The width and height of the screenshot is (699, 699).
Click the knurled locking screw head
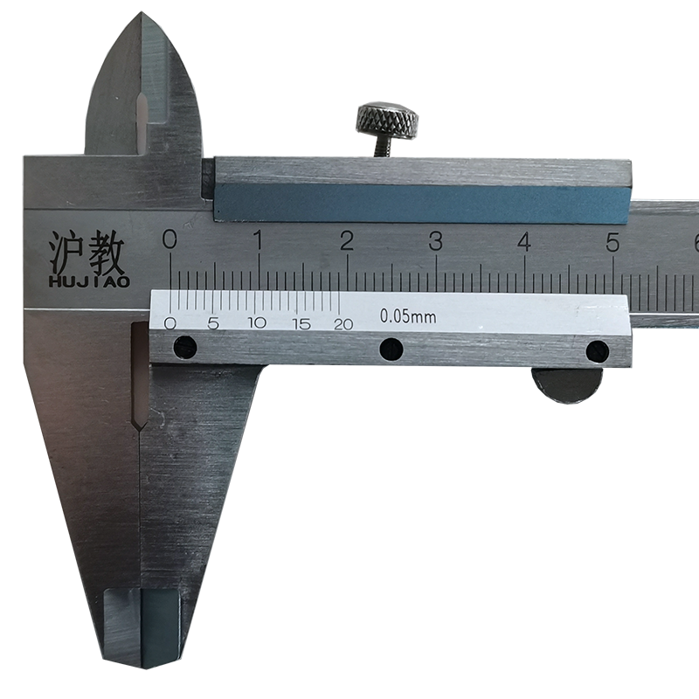pyautogui.click(x=387, y=119)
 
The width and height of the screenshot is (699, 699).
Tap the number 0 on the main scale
pyautogui.click(x=170, y=239)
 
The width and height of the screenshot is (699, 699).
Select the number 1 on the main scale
pyautogui.click(x=258, y=240)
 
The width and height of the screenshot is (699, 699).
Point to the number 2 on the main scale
pyautogui.click(x=346, y=241)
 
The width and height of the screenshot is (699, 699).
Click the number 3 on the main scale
pyautogui.click(x=435, y=241)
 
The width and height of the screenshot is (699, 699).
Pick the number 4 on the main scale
pyautogui.click(x=525, y=242)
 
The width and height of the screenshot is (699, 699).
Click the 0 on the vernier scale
pyautogui.click(x=170, y=323)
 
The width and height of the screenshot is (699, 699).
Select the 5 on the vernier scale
pyautogui.click(x=213, y=323)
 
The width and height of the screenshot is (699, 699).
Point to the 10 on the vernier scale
pyautogui.click(x=258, y=323)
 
